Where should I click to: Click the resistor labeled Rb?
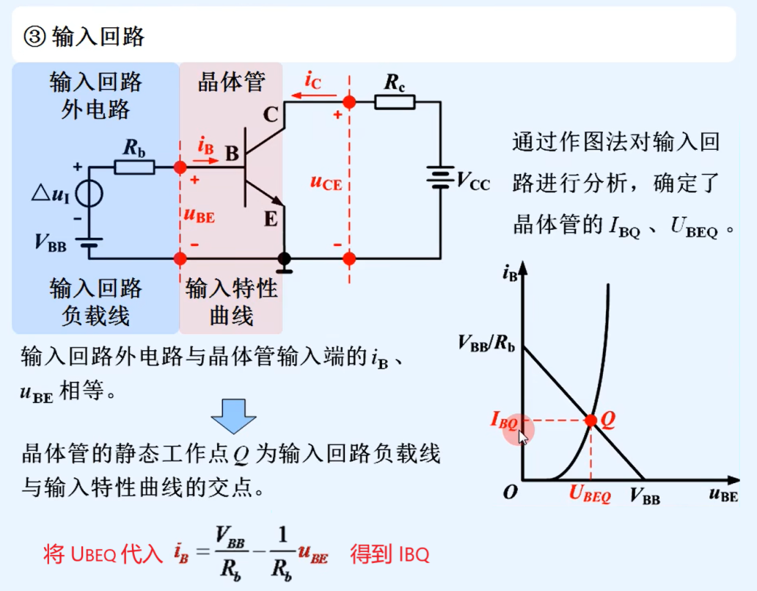pyautogui.click(x=135, y=167)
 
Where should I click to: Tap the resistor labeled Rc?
pyautogui.click(x=394, y=102)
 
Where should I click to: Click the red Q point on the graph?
pyautogui.click(x=590, y=421)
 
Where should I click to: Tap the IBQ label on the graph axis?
pyautogui.click(x=504, y=421)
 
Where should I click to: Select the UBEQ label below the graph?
pyautogui.click(x=590, y=496)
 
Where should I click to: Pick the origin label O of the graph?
pyautogui.click(x=510, y=493)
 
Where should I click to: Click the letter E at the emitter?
pyautogui.click(x=269, y=219)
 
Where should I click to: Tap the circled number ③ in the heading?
pyautogui.click(x=35, y=36)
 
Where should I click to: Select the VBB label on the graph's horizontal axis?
pyautogui.click(x=645, y=497)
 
